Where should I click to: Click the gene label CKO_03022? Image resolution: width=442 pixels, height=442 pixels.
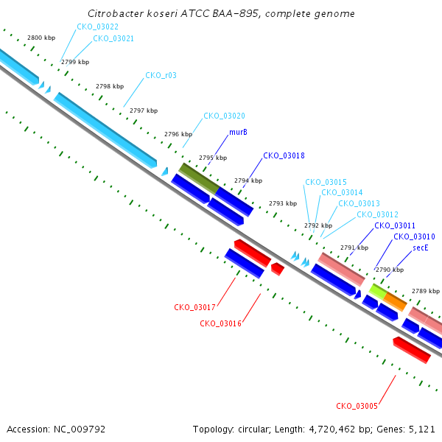97,27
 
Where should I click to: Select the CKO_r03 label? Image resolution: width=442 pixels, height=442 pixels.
161,75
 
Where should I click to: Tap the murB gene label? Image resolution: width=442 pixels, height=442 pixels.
238,132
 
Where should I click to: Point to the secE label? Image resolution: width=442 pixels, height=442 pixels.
421,248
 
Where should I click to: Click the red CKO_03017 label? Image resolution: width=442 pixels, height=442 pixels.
194,307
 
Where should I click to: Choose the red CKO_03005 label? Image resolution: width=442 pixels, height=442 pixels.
357,406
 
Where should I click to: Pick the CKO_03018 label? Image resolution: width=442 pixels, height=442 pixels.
284,155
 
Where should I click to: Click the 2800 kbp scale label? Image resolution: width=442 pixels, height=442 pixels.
41,38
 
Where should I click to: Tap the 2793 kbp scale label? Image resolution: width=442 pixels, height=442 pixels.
283,203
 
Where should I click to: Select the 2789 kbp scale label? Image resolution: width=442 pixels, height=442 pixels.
426,291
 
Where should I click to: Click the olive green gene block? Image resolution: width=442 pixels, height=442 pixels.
199,178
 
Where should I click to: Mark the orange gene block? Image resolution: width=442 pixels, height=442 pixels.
395,302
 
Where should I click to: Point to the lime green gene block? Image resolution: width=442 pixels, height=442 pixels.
378,292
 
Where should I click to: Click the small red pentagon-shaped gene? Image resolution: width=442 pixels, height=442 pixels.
278,269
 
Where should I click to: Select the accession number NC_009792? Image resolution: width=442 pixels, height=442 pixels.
80,429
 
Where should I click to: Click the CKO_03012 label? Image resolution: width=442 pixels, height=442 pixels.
377,214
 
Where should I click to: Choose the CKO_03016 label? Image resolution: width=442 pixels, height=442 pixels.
221,323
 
